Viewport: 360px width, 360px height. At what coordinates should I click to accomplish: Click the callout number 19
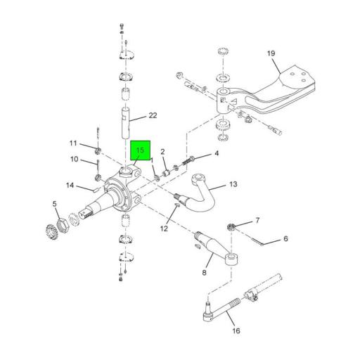tap(271, 53)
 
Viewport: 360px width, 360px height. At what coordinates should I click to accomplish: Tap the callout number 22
tap(153, 115)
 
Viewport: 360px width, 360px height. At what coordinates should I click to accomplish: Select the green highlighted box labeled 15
tap(140, 150)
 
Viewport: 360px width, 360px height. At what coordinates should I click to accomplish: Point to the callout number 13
tap(233, 184)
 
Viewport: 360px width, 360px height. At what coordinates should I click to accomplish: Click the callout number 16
tap(236, 330)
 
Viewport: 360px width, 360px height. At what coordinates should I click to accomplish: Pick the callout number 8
tap(204, 273)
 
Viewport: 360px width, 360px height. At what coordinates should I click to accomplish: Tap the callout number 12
tap(164, 229)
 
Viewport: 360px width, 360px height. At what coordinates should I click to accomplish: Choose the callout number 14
tap(70, 186)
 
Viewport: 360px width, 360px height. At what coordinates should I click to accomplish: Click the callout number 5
tap(55, 204)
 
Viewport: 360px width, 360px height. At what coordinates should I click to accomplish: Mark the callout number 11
tap(73, 143)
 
